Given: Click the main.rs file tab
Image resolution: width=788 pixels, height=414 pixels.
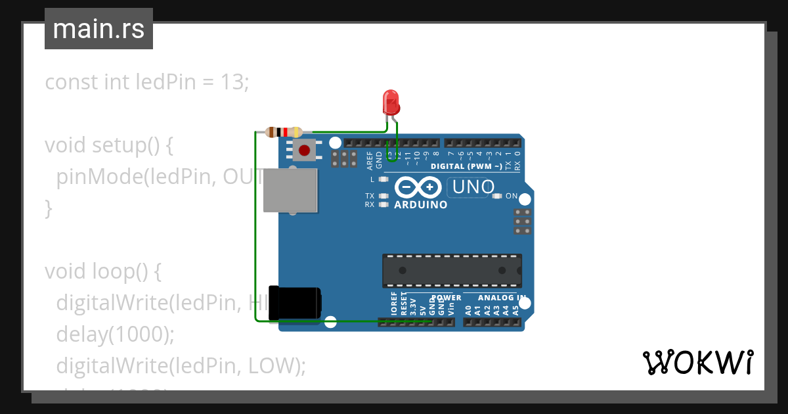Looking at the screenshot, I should click(x=98, y=29).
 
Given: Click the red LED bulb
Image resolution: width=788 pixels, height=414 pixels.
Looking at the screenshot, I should click(x=391, y=103).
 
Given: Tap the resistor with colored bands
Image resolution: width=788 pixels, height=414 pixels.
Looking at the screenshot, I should click(x=284, y=132).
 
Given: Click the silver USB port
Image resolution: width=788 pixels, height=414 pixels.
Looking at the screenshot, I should click(x=290, y=190).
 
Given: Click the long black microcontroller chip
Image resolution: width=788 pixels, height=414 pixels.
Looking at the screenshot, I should click(x=452, y=271).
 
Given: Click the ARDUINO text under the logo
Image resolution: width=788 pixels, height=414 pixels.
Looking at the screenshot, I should click(x=421, y=205).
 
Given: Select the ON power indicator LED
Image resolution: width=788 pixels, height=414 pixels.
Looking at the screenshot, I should click(x=497, y=196).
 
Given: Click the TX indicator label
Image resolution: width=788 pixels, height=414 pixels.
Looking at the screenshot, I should click(x=370, y=196).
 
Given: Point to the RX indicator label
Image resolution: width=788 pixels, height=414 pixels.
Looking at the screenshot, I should click(x=370, y=204).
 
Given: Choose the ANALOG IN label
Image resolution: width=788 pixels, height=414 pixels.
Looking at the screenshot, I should click(x=500, y=298).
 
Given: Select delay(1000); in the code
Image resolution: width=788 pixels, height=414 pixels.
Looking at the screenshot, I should click(x=115, y=334).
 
